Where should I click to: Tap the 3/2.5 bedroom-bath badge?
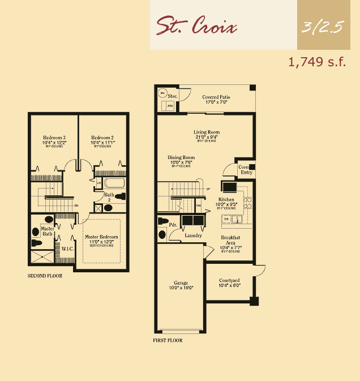323,27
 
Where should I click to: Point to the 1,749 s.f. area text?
317,62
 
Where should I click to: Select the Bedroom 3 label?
54,138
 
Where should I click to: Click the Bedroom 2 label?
103,138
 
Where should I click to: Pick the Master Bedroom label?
101,237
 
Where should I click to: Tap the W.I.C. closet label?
67,248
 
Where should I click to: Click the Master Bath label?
48,231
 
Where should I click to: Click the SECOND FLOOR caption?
45,276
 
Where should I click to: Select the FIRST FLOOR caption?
168,341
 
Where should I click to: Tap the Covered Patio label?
216,97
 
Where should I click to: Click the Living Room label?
207,132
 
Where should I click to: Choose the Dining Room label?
181,157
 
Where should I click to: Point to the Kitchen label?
226,200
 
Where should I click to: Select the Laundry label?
193,235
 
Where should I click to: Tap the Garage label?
181,282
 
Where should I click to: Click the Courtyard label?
229,280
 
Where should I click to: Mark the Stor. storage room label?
172,97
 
